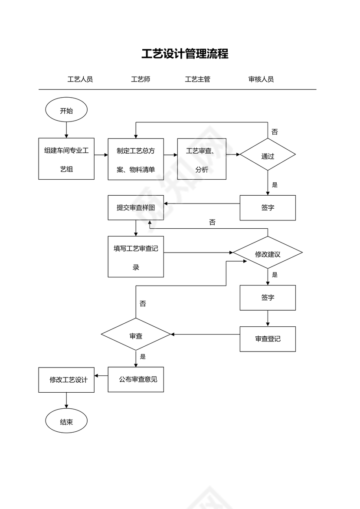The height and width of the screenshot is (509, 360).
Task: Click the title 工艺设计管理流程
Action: point(185,54)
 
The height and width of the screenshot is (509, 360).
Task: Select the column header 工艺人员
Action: point(80,79)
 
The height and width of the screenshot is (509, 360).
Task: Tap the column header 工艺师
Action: point(141,79)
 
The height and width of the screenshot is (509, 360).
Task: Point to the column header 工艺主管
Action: point(197,79)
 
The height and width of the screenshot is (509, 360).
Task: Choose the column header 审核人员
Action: point(261,79)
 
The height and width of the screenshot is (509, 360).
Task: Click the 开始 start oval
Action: point(66,111)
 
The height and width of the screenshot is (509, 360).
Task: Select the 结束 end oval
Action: point(66,422)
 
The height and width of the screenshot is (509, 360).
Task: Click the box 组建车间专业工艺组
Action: point(66,159)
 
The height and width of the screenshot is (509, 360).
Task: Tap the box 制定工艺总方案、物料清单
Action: point(136,159)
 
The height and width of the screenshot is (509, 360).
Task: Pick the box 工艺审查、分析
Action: point(202,159)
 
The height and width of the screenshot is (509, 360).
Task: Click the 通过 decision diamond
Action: point(268,155)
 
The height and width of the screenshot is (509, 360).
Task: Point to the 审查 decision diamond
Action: point(136,335)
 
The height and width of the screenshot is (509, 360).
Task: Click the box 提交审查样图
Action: point(136,207)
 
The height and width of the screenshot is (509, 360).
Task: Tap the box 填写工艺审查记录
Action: point(136,256)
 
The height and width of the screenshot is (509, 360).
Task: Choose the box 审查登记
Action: point(268,339)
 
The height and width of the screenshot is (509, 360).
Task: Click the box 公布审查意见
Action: point(136,380)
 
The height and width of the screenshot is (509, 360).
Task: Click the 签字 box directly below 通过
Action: point(268,208)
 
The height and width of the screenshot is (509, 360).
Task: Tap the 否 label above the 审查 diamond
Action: point(143,304)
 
